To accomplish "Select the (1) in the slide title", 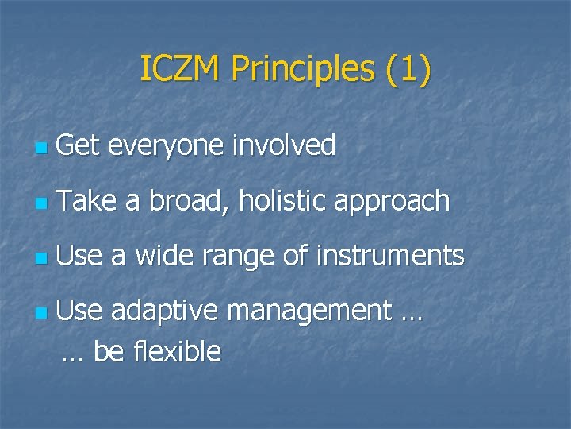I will tap(408, 69).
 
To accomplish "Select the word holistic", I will tap(282, 202).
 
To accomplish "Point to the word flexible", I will tap(178, 351).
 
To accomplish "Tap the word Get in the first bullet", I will tap(75, 146).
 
